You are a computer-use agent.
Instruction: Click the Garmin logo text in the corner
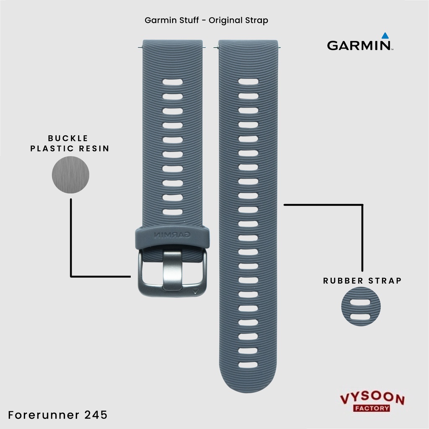click(359, 45)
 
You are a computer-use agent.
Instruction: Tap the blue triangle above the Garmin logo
click(385, 36)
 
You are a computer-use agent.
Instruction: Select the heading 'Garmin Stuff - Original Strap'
click(206, 20)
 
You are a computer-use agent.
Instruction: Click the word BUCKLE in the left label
click(68, 138)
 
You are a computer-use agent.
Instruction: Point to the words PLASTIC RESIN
click(70, 148)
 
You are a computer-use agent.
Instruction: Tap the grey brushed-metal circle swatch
click(70, 175)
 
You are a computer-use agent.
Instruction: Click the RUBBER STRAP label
click(362, 281)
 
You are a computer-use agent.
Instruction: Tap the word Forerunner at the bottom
click(46, 415)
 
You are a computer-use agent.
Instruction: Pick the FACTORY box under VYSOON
click(372, 408)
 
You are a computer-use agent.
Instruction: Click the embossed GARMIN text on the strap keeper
click(172, 235)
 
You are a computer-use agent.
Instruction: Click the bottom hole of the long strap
click(248, 364)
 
